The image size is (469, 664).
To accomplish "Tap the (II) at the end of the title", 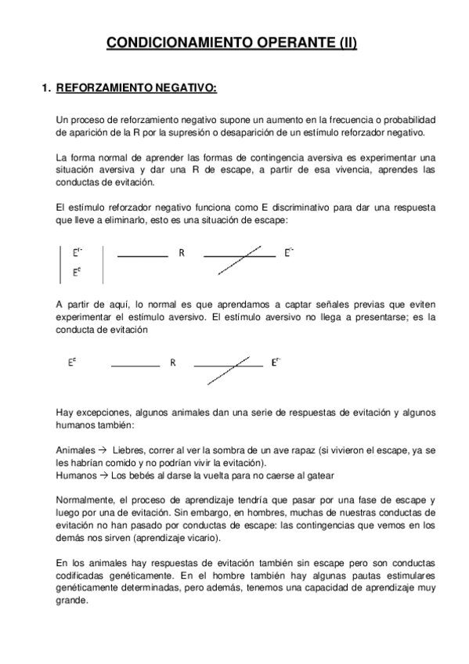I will (345, 44).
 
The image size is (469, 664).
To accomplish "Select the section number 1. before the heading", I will (45, 88).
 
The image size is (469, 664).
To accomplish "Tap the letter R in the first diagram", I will (182, 254).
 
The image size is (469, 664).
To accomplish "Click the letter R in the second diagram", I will (173, 363).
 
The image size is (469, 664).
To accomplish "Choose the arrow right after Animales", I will (101, 450).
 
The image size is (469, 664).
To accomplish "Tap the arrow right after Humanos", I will (103, 475).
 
